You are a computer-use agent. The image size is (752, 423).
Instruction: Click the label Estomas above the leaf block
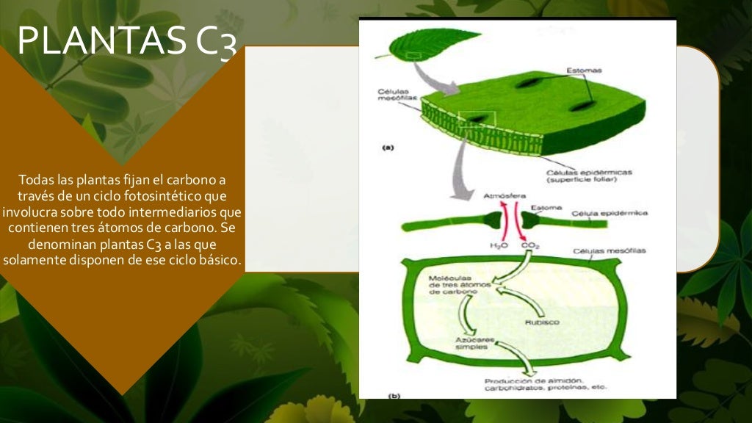pyautogui.click(x=584, y=70)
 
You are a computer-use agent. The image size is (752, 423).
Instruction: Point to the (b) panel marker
pyautogui.click(x=394, y=396)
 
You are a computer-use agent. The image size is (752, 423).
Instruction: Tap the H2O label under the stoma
pyautogui.click(x=499, y=246)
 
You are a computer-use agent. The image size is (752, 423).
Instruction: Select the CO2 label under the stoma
pyautogui.click(x=530, y=246)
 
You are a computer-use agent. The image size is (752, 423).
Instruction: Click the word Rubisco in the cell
pyautogui.click(x=542, y=322)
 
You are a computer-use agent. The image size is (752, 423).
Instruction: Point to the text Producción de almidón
pyautogui.click(x=533, y=380)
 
